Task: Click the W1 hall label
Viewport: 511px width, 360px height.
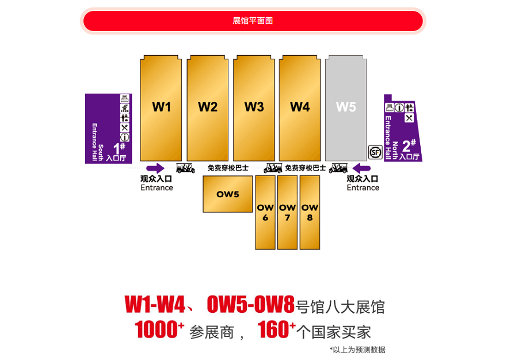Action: pyautogui.click(x=162, y=106)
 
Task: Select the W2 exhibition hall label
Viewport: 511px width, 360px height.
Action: pyautogui.click(x=208, y=106)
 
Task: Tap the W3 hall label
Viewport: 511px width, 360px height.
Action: pyautogui.click(x=254, y=106)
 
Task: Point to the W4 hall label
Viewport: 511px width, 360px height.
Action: pyautogui.click(x=300, y=106)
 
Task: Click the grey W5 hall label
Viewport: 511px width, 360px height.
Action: pyautogui.click(x=346, y=106)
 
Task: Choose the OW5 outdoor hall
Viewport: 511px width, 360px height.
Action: pyautogui.click(x=227, y=194)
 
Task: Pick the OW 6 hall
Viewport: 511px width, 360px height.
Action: pyautogui.click(x=265, y=212)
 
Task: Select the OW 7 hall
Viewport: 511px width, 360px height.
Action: pyautogui.click(x=287, y=212)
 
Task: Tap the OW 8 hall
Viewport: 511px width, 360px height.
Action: pyautogui.click(x=310, y=212)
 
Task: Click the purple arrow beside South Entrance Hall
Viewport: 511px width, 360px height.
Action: pyautogui.click(x=155, y=168)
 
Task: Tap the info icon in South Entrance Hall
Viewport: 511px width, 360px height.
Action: pyautogui.click(x=125, y=137)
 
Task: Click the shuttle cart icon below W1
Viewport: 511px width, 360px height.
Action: pyautogui.click(x=185, y=168)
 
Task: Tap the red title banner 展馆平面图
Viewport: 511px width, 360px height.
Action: pyautogui.click(x=253, y=21)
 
